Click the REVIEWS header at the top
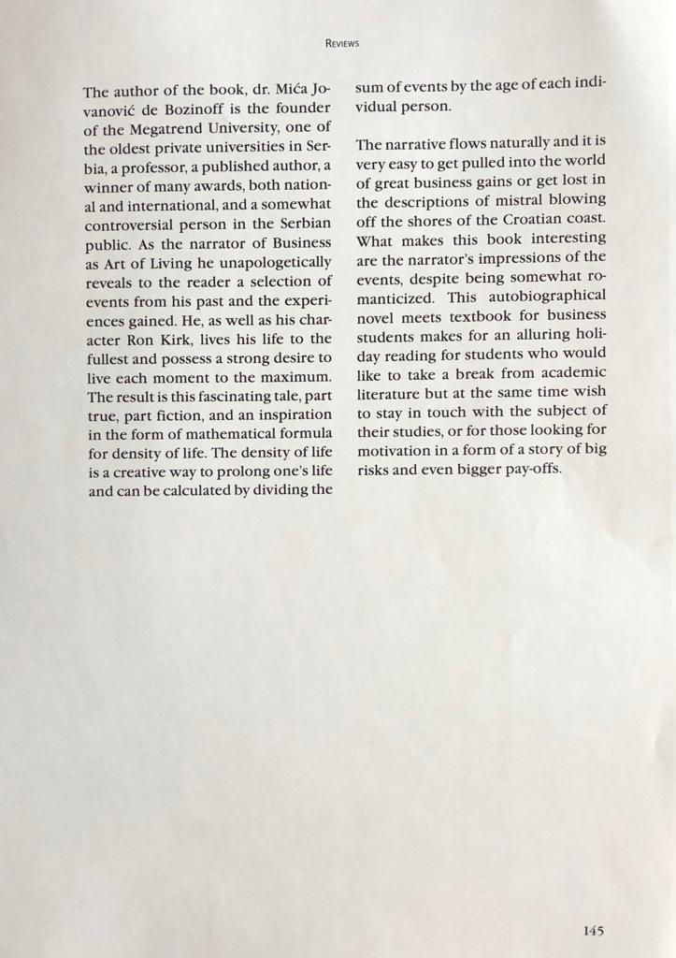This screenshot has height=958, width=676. click(x=342, y=43)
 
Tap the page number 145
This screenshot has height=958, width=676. click(x=593, y=930)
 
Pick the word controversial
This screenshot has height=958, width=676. click(x=137, y=225)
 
